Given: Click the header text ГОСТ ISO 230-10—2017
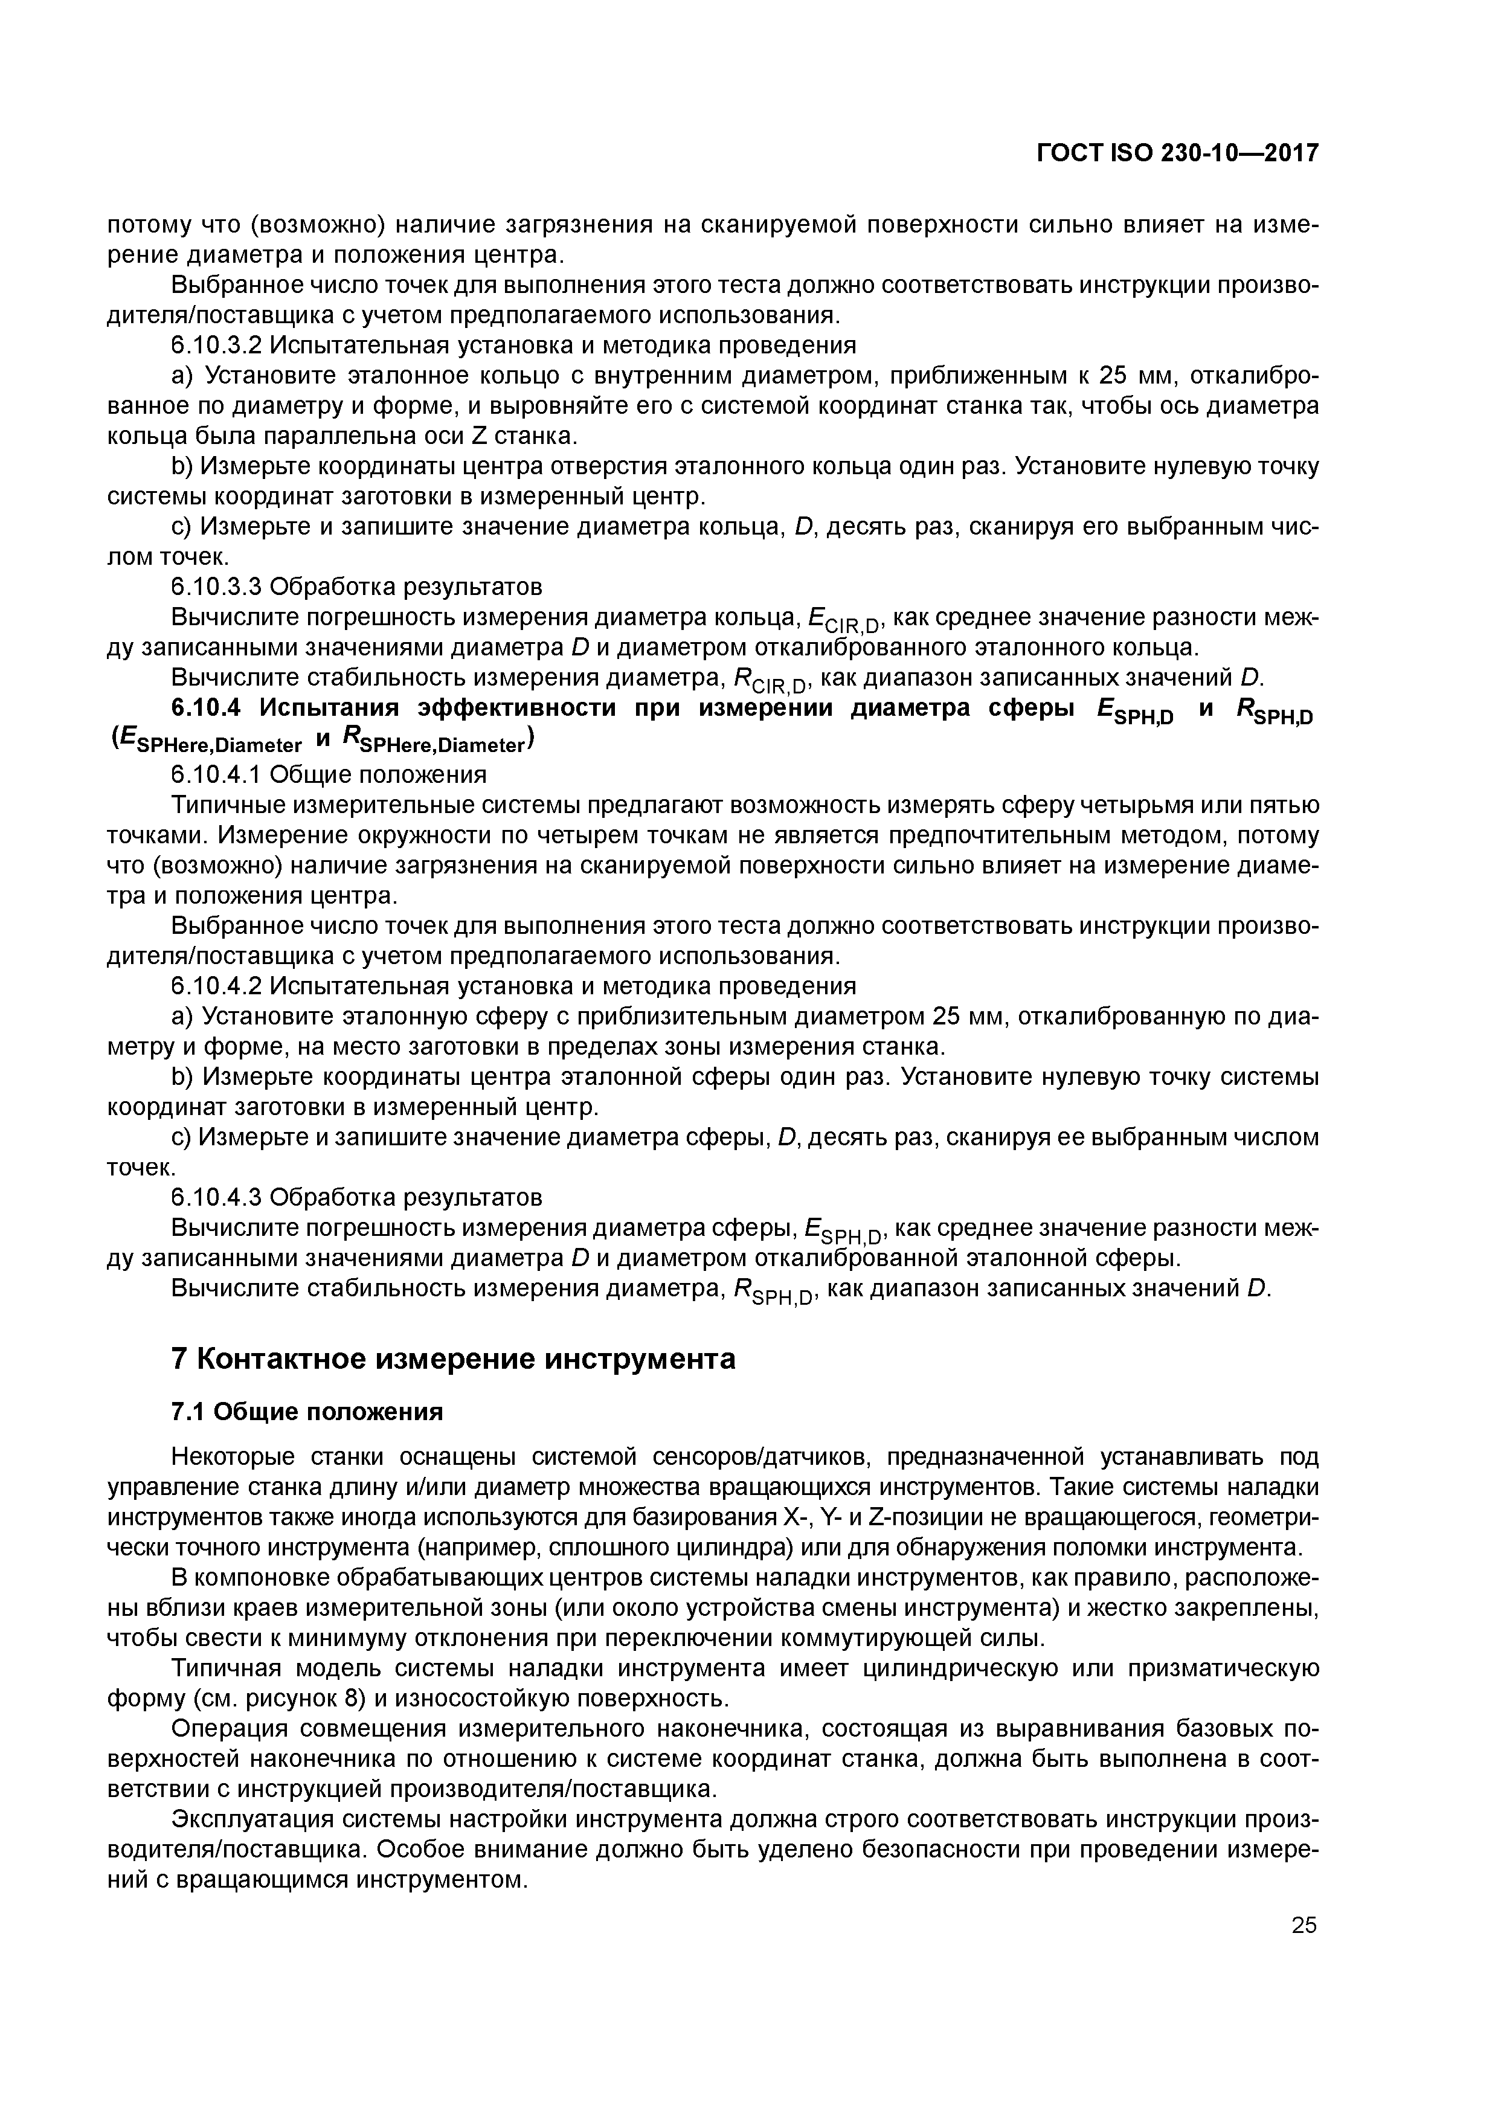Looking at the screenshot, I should point(1177,153).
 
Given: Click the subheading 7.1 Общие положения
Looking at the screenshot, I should point(307,1412).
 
